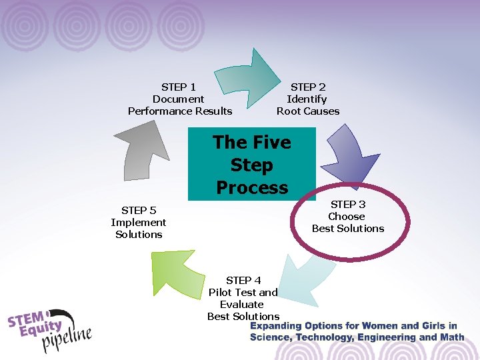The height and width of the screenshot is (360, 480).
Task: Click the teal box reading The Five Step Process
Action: pyautogui.click(x=251, y=164)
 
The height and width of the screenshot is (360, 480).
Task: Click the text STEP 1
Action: pyautogui.click(x=179, y=87)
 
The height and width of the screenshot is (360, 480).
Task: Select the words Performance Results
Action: pyautogui.click(x=180, y=111)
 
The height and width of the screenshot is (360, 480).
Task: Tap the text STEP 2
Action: pyautogui.click(x=308, y=87)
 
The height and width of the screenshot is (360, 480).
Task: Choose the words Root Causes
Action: pyautogui.click(x=308, y=111)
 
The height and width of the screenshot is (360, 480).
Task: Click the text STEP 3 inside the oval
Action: pyautogui.click(x=348, y=204)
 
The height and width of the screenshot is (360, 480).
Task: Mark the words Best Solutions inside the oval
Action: pyautogui.click(x=348, y=228)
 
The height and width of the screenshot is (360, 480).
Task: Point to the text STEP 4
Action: pyautogui.click(x=243, y=280)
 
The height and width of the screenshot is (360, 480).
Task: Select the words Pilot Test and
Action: pyautogui.click(x=243, y=292)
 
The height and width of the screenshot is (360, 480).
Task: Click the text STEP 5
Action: pyautogui.click(x=139, y=210)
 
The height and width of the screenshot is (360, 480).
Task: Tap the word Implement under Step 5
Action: pyautogui.click(x=139, y=222)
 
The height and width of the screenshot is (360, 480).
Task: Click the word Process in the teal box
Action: pyautogui.click(x=251, y=187)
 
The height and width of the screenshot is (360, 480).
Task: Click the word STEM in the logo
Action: pyautogui.click(x=27, y=318)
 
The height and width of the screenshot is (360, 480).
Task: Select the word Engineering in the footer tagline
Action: pyautogui.click(x=389, y=337)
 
